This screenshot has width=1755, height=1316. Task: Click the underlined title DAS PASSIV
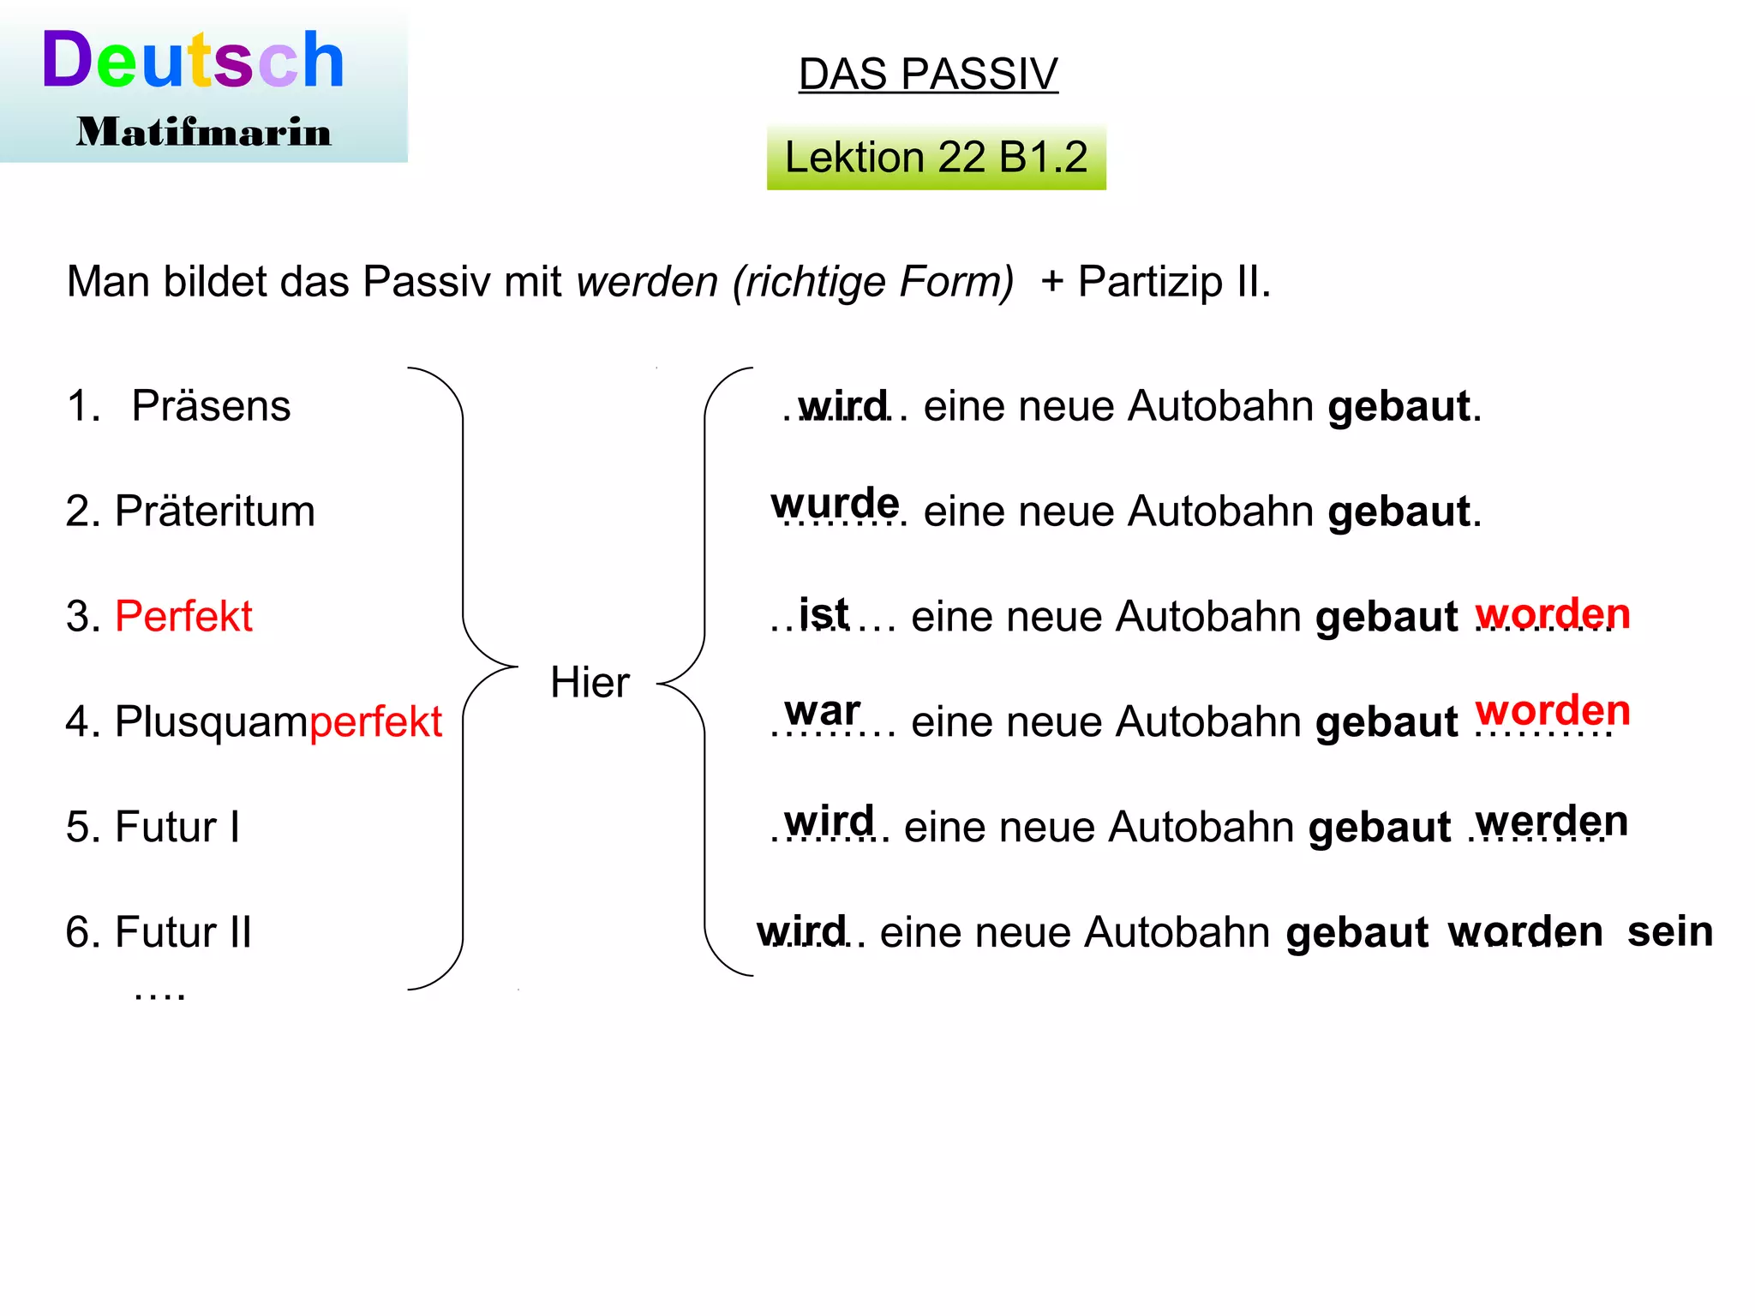point(928,75)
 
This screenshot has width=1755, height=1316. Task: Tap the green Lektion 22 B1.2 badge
point(936,158)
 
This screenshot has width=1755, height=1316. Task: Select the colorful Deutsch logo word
point(194,60)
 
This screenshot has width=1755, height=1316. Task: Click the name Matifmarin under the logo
point(204,133)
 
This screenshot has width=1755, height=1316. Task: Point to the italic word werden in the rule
point(647,282)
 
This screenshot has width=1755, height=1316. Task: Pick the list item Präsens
point(211,406)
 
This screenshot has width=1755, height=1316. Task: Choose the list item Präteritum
point(214,511)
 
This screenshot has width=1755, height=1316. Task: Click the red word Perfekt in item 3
point(183,617)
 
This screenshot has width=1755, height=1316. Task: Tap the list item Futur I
point(177,828)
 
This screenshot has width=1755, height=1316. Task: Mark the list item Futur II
point(183,932)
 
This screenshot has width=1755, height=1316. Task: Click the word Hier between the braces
point(590,683)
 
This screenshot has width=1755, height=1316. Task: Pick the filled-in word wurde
point(835,503)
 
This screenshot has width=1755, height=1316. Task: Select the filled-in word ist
point(824,613)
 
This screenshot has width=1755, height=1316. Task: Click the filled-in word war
point(822,711)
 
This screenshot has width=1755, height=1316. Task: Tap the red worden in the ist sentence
point(1552,614)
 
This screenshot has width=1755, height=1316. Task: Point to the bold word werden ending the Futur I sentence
point(1551,822)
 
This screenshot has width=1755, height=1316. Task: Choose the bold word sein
point(1669,931)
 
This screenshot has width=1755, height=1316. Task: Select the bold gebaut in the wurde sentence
point(1399,512)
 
